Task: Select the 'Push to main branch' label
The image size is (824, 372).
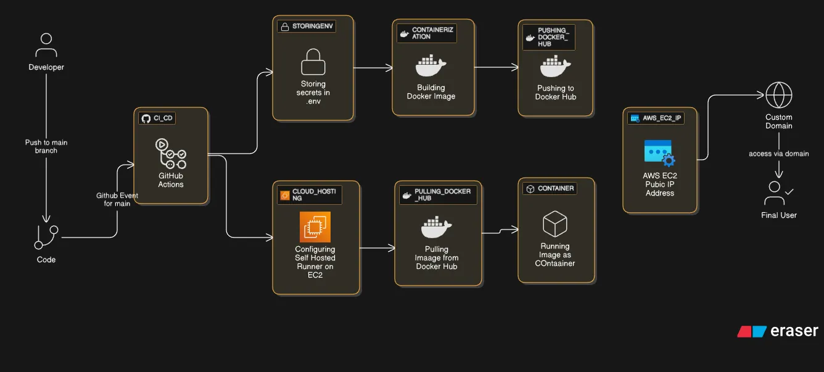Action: (46, 146)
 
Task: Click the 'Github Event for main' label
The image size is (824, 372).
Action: (117, 199)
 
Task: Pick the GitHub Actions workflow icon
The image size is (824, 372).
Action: (170, 153)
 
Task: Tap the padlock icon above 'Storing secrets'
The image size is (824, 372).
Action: (313, 62)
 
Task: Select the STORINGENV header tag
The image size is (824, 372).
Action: (307, 27)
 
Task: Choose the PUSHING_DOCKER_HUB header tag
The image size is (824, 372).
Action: (548, 37)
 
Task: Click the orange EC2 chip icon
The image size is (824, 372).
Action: (315, 227)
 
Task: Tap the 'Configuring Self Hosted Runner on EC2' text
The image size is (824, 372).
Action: (315, 262)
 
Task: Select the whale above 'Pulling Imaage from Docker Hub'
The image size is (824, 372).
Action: (437, 229)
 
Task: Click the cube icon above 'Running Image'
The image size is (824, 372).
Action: (554, 224)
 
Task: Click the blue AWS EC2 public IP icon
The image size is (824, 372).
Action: (659, 153)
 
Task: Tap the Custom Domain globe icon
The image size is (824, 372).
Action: (778, 96)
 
